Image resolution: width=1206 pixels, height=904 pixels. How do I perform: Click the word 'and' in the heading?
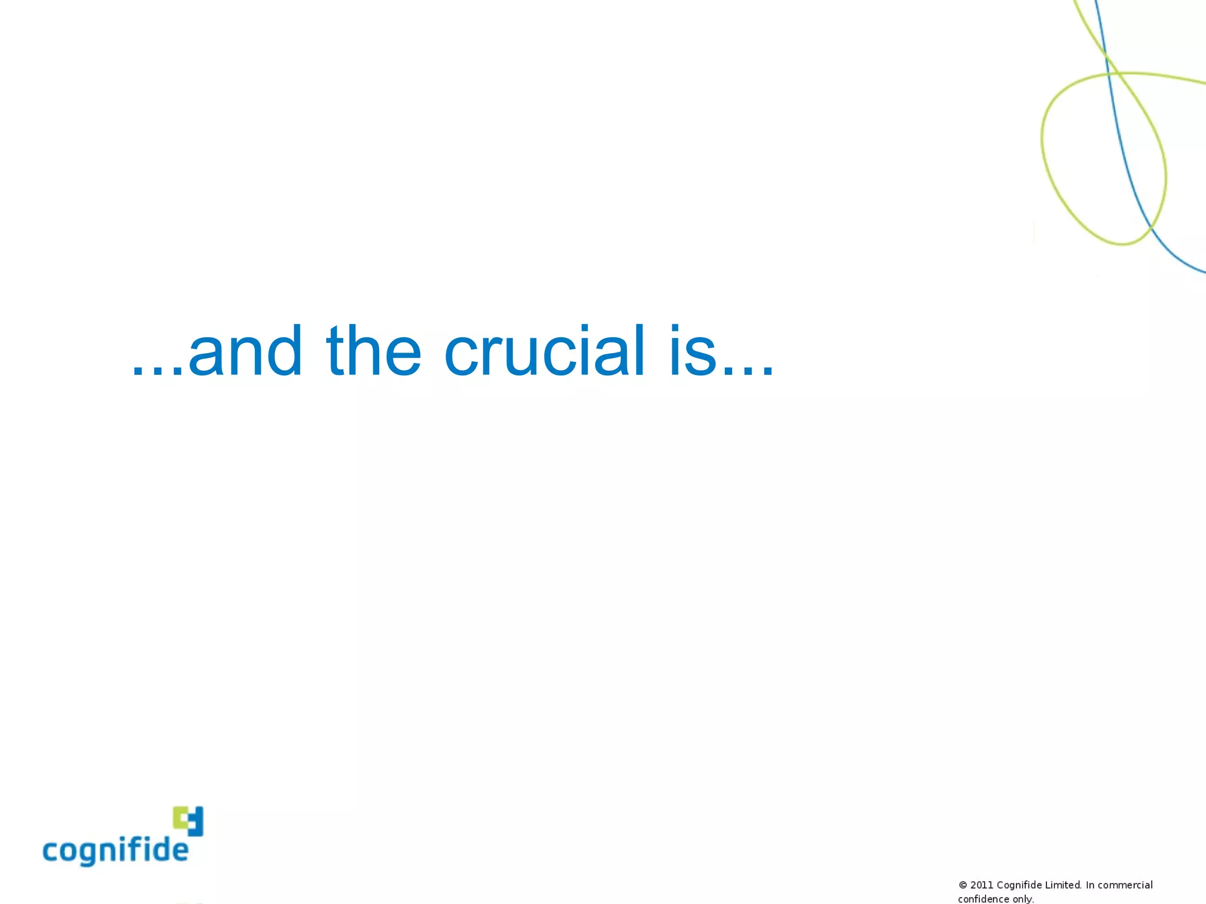pos(245,352)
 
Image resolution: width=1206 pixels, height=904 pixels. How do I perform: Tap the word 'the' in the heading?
pos(373,352)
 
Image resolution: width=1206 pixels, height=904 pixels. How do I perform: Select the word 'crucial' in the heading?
pos(544,352)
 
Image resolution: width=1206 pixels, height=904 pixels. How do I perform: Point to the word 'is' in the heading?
pos(693,352)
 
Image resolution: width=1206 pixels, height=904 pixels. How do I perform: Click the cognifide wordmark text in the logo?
pos(115,850)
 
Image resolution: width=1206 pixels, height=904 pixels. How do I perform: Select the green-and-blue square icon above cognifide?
pos(188,820)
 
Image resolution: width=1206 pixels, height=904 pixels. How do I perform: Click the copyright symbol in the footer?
pos(963,885)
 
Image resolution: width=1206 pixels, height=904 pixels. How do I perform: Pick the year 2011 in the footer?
pos(982,885)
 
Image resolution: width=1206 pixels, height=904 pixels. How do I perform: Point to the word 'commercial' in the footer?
pos(1125,885)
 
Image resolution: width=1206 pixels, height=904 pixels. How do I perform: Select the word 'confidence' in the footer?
pos(983,899)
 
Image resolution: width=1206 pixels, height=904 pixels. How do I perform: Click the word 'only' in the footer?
pos(1023,899)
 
